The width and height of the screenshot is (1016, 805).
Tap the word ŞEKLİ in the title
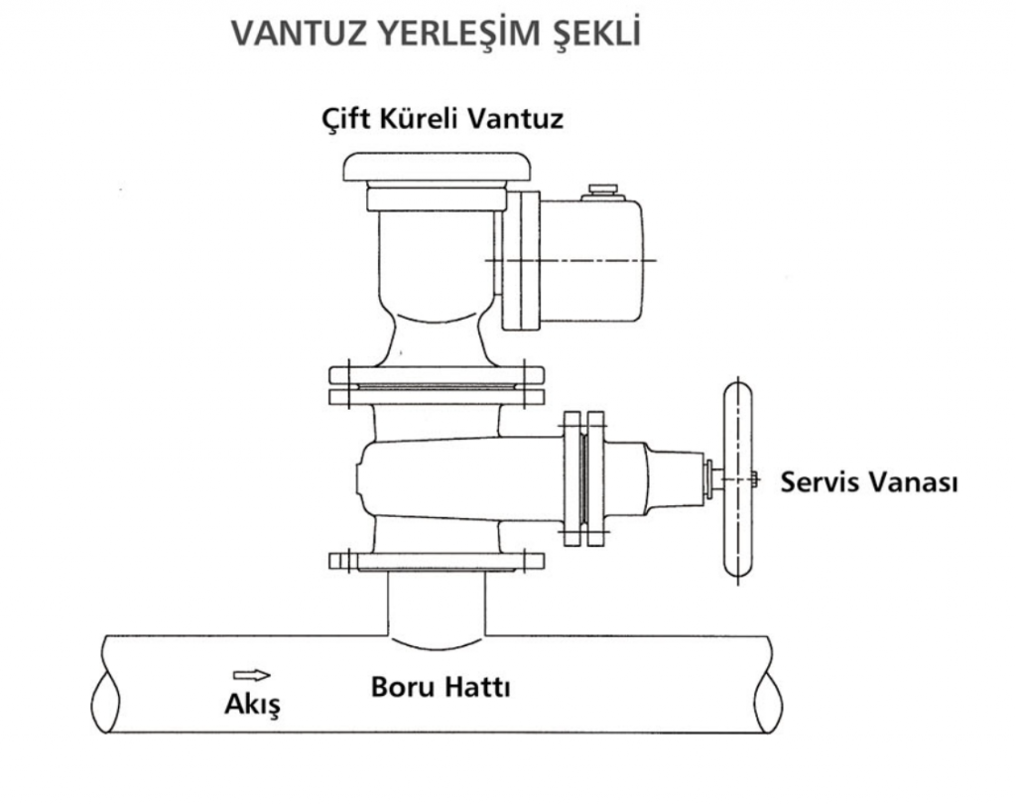click(595, 34)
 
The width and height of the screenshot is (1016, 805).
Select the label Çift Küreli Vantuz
click(443, 118)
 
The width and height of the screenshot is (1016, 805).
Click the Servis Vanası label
click(869, 481)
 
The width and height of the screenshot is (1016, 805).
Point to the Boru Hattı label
click(441, 687)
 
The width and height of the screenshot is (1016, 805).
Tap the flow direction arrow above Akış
click(251, 675)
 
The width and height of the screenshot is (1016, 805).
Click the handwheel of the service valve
click(738, 479)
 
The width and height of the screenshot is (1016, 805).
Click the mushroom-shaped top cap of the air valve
click(437, 167)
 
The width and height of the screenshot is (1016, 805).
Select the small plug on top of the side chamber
click(602, 192)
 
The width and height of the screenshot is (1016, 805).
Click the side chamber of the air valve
click(589, 260)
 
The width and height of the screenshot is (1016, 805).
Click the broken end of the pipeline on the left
click(105, 685)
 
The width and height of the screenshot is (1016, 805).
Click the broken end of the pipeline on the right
click(770, 685)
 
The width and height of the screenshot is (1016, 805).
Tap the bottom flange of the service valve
click(437, 561)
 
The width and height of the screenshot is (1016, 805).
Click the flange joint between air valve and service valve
click(437, 386)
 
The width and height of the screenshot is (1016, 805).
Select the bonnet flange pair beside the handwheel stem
click(583, 478)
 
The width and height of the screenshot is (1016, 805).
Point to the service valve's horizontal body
click(460, 479)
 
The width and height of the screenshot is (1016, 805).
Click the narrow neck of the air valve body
click(437, 338)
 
